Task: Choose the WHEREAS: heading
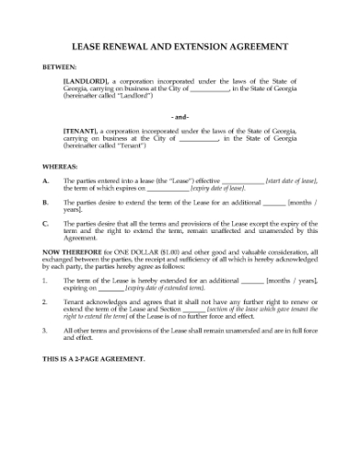click(59, 167)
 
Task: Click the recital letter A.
click(46, 183)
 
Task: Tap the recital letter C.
click(46, 222)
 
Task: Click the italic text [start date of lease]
click(291, 183)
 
